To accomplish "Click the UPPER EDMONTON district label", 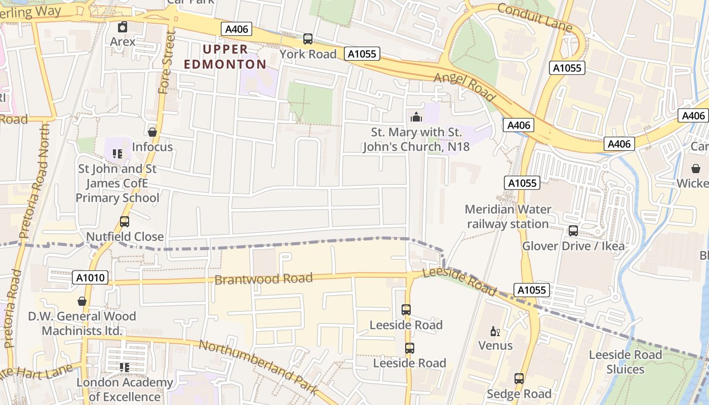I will [x=225, y=57].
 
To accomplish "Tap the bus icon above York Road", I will [x=307, y=38].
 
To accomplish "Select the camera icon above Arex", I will [x=123, y=27].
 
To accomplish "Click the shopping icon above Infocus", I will [x=152, y=132].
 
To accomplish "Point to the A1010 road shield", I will [x=91, y=277].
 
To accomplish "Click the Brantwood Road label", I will [x=263, y=279].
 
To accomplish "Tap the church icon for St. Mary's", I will [x=416, y=117].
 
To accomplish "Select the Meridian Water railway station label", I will [x=507, y=216].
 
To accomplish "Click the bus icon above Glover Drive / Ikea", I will [x=573, y=231].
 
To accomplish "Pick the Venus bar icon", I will [x=495, y=332].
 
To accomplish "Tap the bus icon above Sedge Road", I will [x=519, y=379].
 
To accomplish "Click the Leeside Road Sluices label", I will [x=625, y=362].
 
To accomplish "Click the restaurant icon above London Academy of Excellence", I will [x=124, y=368].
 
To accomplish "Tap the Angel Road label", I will [x=464, y=86].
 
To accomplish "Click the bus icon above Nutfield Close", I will [x=124, y=222].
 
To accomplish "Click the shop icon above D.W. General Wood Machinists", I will [x=82, y=301].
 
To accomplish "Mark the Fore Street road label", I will [x=167, y=63].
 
